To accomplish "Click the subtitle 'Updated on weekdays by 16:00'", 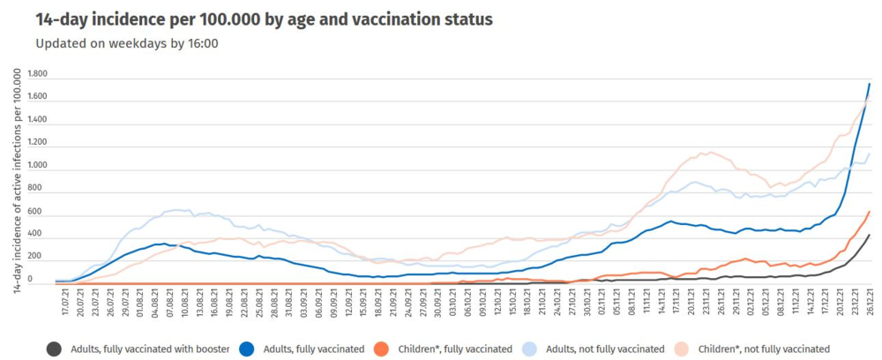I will click(127, 42).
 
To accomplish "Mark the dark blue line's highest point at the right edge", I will click(870, 84).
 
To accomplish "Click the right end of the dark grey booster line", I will click(870, 235).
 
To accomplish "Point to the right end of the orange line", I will click(870, 211).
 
